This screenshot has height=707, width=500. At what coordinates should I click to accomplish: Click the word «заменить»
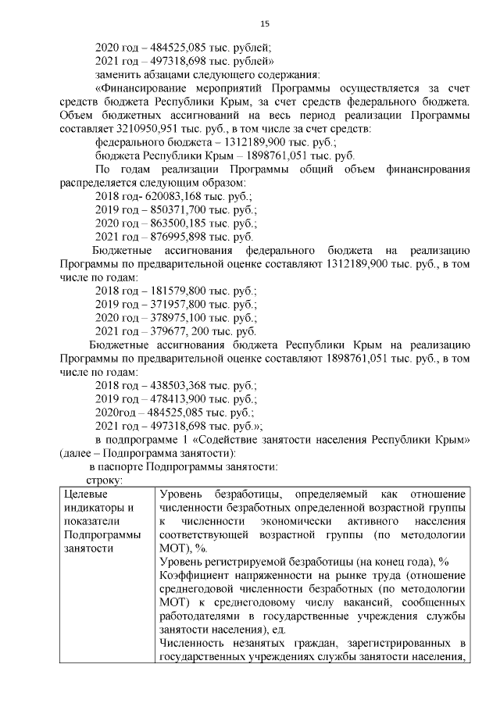(x=117, y=74)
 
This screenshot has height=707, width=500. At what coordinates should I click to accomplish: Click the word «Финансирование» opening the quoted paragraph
(x=148, y=88)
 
